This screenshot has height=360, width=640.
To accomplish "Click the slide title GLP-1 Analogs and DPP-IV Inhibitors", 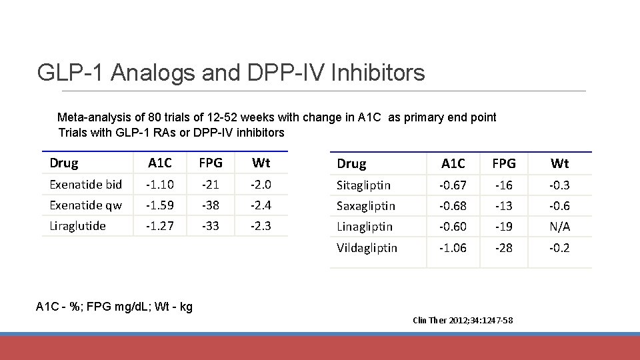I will tap(231, 72).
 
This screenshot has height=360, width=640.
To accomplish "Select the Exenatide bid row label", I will tap(85, 185).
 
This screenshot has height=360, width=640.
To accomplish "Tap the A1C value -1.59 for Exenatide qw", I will tap(160, 205).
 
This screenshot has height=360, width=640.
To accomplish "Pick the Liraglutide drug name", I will tap(77, 226).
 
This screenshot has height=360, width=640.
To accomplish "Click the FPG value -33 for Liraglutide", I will tap(210, 226).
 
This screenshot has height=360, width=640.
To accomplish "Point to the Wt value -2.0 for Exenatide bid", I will tap(261, 185).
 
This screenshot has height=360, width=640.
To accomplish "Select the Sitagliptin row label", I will tap(363, 185).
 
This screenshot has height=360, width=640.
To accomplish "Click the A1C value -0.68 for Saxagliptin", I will tap(453, 206).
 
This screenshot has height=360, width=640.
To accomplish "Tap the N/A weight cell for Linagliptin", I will tap(559, 227).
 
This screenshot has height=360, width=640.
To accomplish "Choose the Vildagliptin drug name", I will tap(367, 248).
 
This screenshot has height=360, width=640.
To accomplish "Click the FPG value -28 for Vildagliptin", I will tap(503, 248).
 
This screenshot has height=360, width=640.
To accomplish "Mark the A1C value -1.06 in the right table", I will tap(453, 248).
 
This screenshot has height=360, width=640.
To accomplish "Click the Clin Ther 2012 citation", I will tap(463, 321).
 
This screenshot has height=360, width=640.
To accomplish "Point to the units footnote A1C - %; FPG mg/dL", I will tap(114, 307).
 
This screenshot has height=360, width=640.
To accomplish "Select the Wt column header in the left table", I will tap(261, 163).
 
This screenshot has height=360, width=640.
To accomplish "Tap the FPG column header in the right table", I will tap(503, 164).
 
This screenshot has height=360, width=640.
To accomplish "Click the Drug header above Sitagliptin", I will tap(351, 164).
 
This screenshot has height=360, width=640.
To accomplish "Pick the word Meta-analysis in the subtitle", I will tap(90, 117).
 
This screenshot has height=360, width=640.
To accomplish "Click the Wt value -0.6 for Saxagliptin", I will tap(559, 206).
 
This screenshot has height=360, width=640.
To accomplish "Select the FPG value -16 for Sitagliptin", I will tap(503, 185).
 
